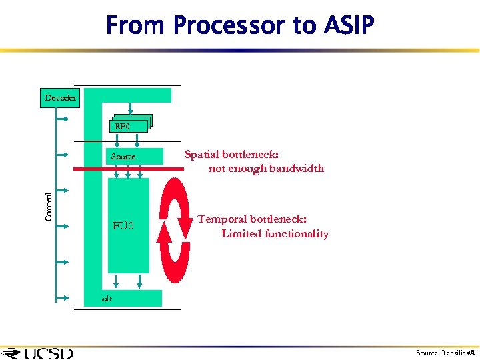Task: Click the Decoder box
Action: point(60,98)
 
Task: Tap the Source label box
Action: point(123,157)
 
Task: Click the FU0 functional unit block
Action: point(123,226)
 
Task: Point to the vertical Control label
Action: point(49,207)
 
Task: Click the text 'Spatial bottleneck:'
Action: point(231,155)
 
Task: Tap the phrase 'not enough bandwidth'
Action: point(266,169)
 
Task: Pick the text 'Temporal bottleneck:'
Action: point(252,219)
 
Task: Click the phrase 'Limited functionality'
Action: point(275,234)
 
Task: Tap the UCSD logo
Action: point(39,353)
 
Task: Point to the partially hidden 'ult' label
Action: point(107,299)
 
